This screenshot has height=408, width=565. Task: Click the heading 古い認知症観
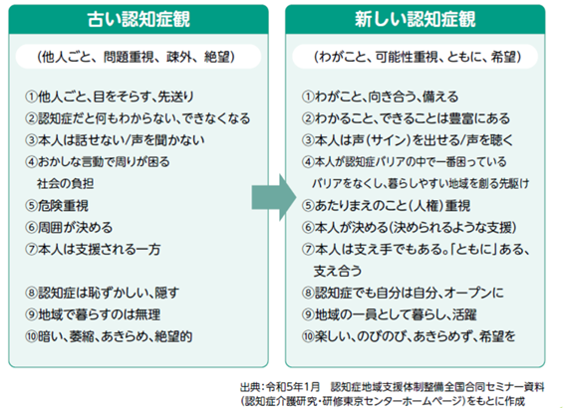coord(139,19)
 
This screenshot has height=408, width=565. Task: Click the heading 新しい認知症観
coord(416,19)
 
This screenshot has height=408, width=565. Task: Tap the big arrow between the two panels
coord(274,197)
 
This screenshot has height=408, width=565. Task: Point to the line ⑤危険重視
coord(57,206)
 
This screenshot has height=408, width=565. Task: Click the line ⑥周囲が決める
coord(69,228)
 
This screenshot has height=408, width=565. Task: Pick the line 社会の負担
coord(65,183)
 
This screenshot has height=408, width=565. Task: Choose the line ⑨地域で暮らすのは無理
coord(93,314)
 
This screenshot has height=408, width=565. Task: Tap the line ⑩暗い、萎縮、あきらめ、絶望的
coord(109,336)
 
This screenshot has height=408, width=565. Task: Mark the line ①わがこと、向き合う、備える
coord(380,97)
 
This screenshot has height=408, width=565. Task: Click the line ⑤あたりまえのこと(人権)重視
coord(386,206)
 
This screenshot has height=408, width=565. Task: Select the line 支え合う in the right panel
coord(337,271)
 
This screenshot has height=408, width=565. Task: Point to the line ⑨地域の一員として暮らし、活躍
coord(390,314)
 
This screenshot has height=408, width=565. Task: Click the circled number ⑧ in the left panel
coord(31,294)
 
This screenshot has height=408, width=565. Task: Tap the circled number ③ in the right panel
coord(308,140)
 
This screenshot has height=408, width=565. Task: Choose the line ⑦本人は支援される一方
coord(93,250)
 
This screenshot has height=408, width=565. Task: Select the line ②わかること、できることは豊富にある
coord(407,118)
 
